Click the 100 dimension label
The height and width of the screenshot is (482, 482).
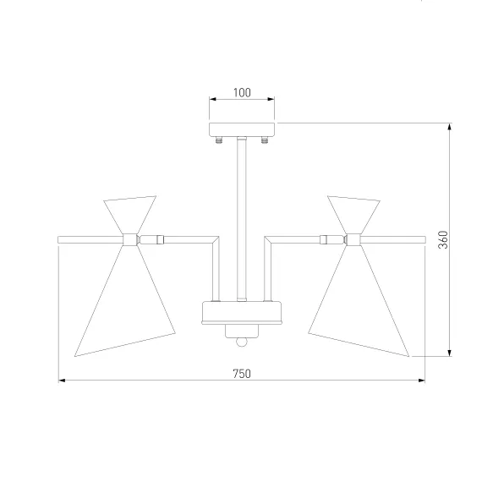[x=242, y=92]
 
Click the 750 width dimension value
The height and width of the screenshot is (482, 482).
[x=242, y=374]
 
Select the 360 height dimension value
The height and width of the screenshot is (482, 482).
[x=443, y=240]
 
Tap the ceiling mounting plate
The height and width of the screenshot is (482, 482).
[x=242, y=129]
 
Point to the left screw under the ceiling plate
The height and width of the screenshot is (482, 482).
[x=219, y=140]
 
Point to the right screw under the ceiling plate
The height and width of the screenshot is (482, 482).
[x=265, y=140]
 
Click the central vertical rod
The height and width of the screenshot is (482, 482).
[x=242, y=219]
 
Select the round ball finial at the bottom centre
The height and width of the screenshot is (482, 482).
[x=242, y=342]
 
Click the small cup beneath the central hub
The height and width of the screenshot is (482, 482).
[x=242, y=331]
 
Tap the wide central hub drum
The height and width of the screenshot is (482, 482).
[x=242, y=313]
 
